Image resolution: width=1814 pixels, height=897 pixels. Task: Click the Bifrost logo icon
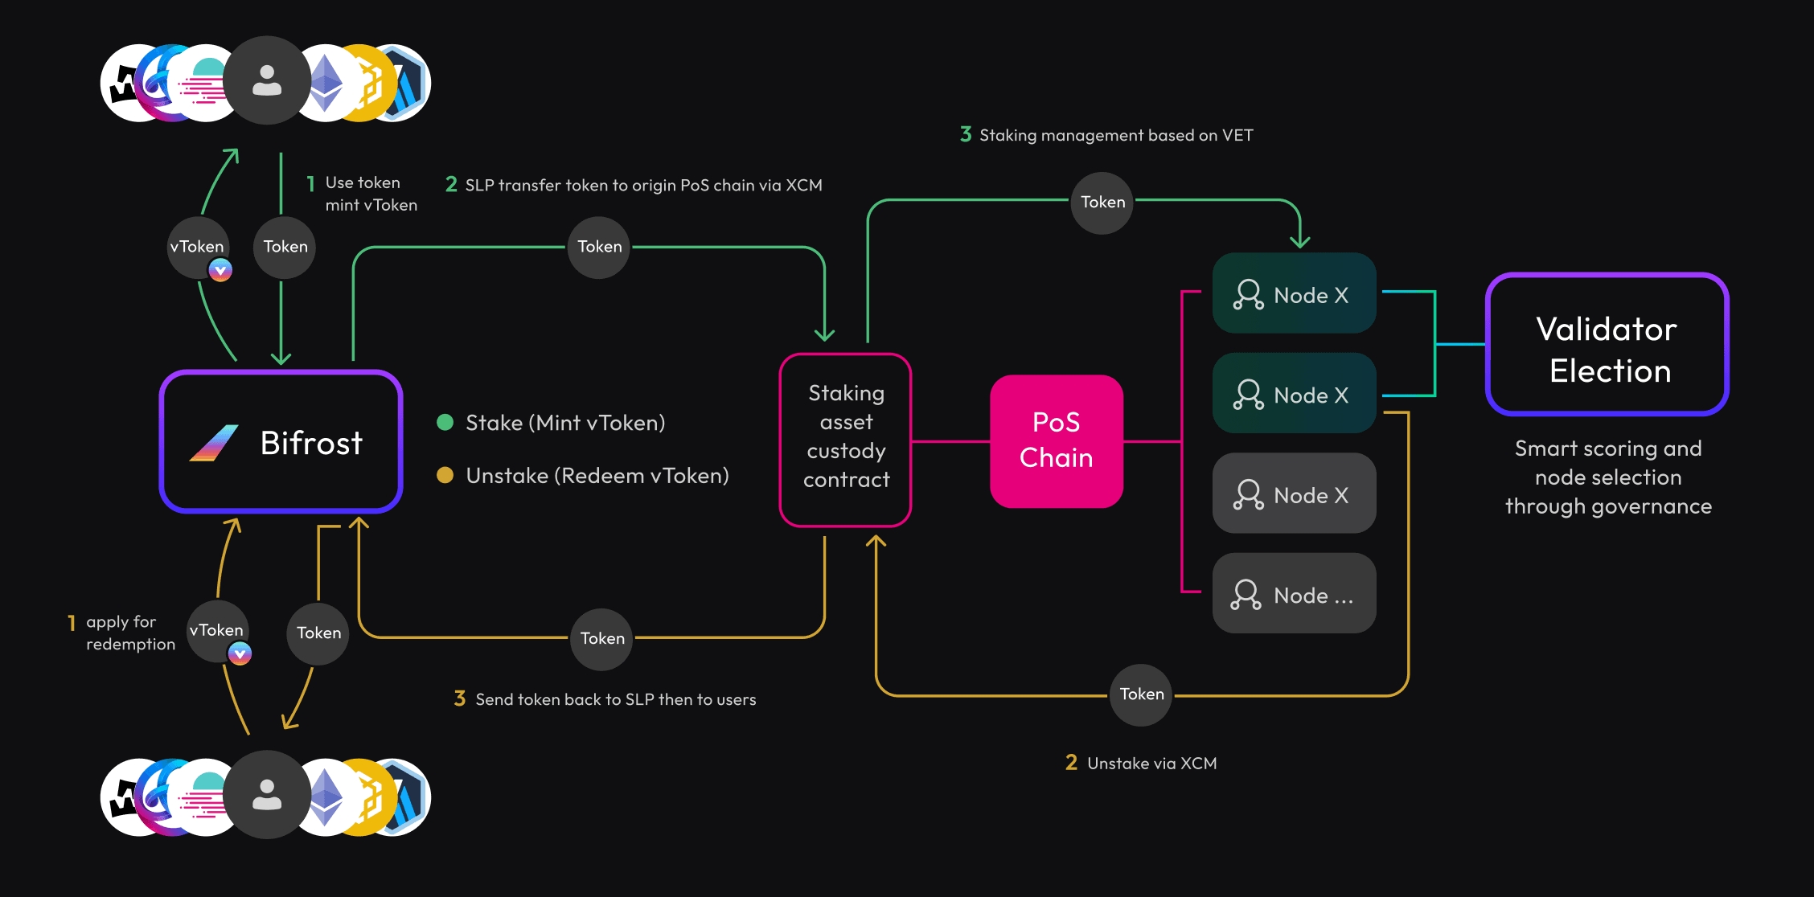coord(214,443)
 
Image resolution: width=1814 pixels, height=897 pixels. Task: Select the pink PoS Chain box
coord(1056,440)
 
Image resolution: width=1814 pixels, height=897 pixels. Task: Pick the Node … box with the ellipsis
coord(1294,593)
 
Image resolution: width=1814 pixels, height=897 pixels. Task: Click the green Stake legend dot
coord(445,423)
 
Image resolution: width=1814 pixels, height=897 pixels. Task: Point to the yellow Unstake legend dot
coord(445,475)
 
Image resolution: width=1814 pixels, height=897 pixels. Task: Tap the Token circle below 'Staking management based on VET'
coord(1102,203)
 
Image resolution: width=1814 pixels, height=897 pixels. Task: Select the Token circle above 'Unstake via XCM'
coord(1141,694)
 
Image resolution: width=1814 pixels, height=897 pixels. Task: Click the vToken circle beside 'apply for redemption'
coord(217,631)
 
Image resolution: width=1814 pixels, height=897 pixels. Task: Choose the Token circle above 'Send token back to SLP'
coord(602,639)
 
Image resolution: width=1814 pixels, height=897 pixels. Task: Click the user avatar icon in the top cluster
coord(267,80)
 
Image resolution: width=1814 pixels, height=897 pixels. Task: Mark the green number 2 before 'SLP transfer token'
coord(451,185)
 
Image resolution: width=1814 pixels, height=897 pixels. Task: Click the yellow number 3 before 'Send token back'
coord(460,698)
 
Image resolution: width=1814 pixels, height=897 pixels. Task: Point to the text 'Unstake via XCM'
coord(1151,764)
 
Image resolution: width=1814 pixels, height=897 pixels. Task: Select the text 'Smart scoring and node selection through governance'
coord(1608,477)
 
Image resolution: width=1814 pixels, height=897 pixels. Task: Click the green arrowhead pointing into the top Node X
coord(1299,240)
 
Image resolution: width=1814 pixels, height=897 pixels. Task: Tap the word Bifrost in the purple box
coord(312,443)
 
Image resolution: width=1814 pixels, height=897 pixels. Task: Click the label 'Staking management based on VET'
coord(1116,136)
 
